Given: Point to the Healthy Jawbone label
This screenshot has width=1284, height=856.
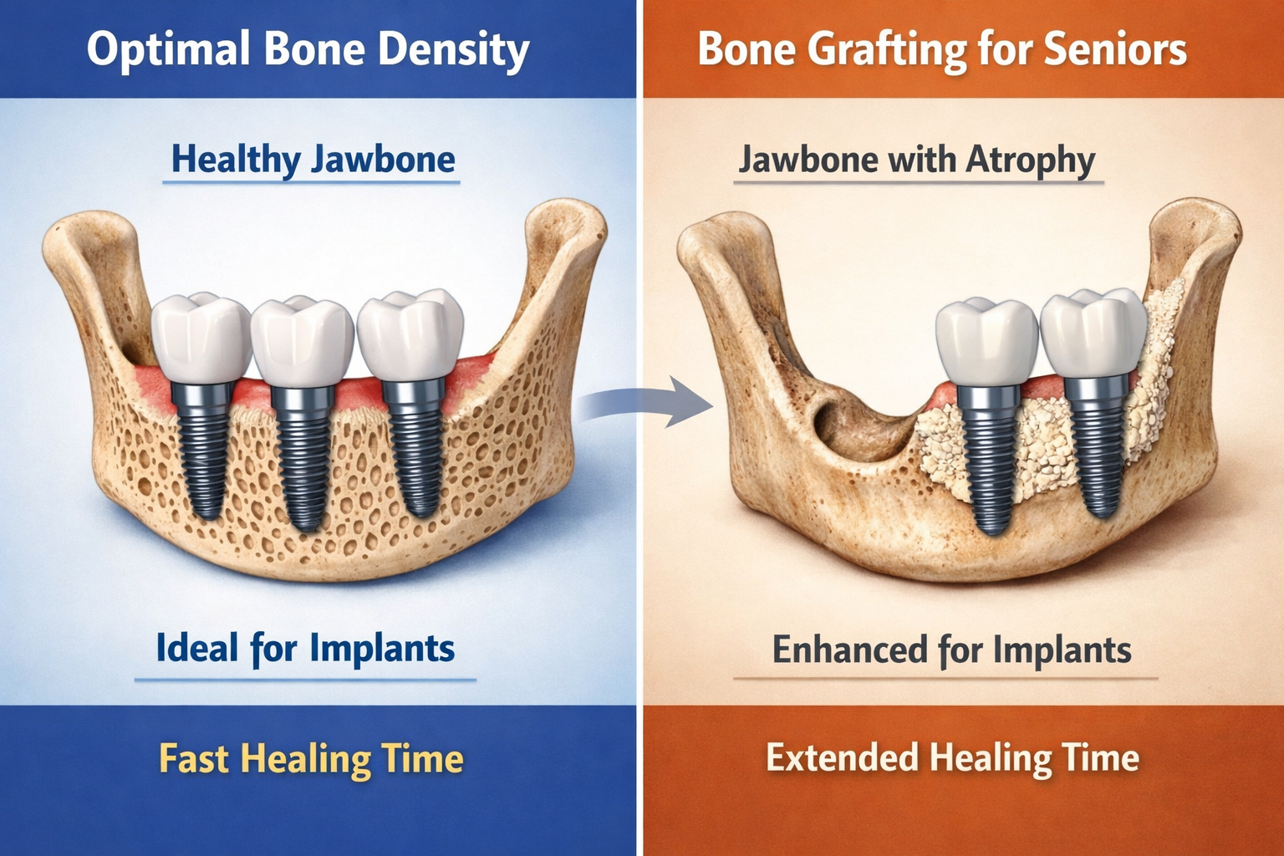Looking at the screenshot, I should point(313,160).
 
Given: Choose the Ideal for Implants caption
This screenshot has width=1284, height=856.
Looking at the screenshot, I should point(305,649).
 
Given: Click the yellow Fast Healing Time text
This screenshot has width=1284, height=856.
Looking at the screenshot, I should point(311,759).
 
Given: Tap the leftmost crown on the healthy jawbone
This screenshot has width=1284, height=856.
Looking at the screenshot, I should point(201,339).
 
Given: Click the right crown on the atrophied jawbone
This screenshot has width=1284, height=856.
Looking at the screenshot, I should point(1092,334).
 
